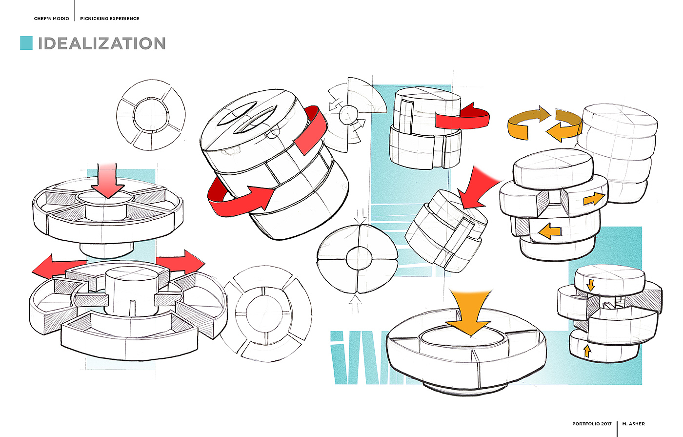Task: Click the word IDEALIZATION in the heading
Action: coord(101,43)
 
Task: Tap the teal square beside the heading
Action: coord(26,43)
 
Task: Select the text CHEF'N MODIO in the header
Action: coord(52,19)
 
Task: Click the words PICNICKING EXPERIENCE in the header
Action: coord(110,19)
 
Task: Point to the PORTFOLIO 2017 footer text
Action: coord(592,424)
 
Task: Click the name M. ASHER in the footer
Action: coord(633,424)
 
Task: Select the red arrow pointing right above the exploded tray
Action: coord(181,262)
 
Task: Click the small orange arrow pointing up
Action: coord(587,351)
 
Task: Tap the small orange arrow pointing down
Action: coord(591,285)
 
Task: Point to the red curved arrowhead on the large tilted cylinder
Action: coord(259,196)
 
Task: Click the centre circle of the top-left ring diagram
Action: coord(151,115)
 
